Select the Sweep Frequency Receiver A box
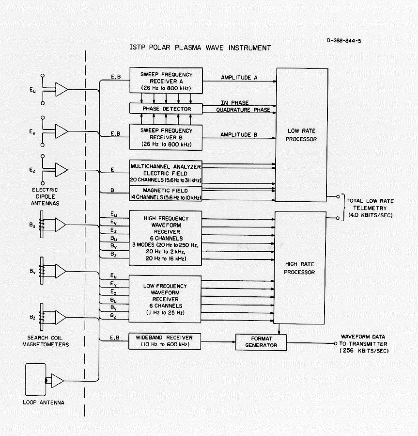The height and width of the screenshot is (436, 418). click(x=166, y=81)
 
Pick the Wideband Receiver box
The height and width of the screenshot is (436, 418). click(x=165, y=341)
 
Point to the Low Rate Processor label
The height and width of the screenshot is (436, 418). click(x=301, y=135)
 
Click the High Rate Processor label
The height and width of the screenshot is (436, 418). click(x=299, y=269)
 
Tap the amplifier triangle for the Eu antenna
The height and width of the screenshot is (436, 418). click(x=61, y=90)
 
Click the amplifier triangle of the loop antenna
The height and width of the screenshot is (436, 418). click(x=58, y=381)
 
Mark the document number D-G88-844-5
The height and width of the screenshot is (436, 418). click(x=344, y=41)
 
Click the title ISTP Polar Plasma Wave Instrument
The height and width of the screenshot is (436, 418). click(x=200, y=48)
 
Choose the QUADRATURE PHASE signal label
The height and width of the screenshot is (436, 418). click(x=245, y=110)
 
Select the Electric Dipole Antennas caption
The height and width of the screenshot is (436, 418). click(x=43, y=196)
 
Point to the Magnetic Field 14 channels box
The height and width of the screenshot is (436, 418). click(x=165, y=194)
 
